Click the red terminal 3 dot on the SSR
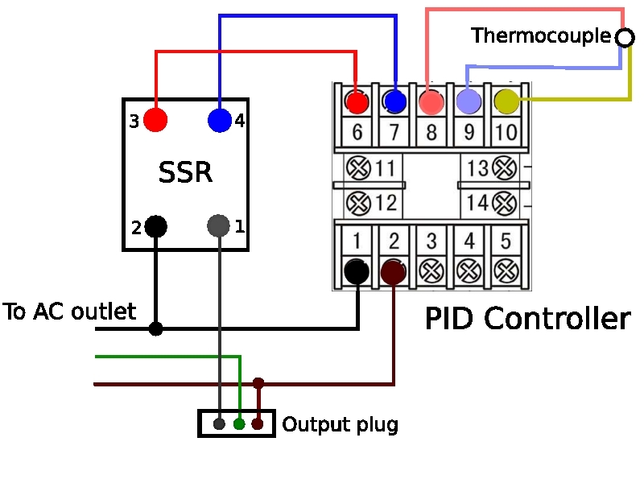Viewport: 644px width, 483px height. [x=155, y=120]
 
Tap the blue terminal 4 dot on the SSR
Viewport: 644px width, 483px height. [x=220, y=120]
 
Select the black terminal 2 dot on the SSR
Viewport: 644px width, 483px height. [x=155, y=226]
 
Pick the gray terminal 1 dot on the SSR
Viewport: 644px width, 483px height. [x=219, y=226]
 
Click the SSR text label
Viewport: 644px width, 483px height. [x=185, y=172]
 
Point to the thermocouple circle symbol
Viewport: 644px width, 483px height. [x=624, y=37]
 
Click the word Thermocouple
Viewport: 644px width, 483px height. [x=541, y=36]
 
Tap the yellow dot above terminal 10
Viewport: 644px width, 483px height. [x=506, y=101]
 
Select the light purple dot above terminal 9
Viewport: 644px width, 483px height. [x=469, y=101]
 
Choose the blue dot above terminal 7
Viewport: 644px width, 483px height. [x=394, y=101]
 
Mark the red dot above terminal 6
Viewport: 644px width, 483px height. [x=357, y=101]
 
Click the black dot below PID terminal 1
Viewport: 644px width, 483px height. [x=356, y=271]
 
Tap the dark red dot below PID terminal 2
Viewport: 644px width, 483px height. [x=393, y=271]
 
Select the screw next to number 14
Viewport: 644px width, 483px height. [x=505, y=202]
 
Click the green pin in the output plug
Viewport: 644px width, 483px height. [x=239, y=423]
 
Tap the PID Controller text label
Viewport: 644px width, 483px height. [x=527, y=320]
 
